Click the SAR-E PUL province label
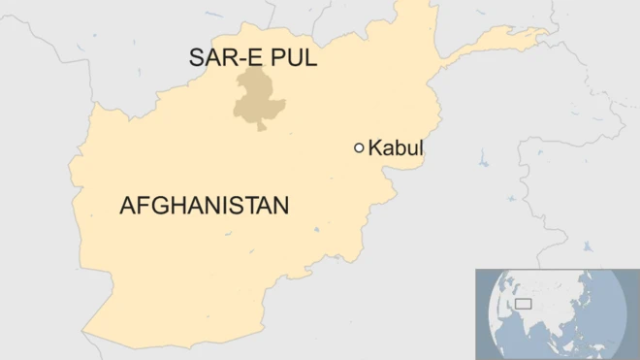(x=253, y=59)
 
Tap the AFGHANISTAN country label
(x=204, y=206)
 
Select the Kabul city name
(x=396, y=148)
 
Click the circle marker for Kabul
(x=359, y=147)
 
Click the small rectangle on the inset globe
(x=524, y=304)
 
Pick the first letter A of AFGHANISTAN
(x=127, y=206)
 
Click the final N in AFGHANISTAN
(x=280, y=206)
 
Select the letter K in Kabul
(x=374, y=148)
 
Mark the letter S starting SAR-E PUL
(x=197, y=59)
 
